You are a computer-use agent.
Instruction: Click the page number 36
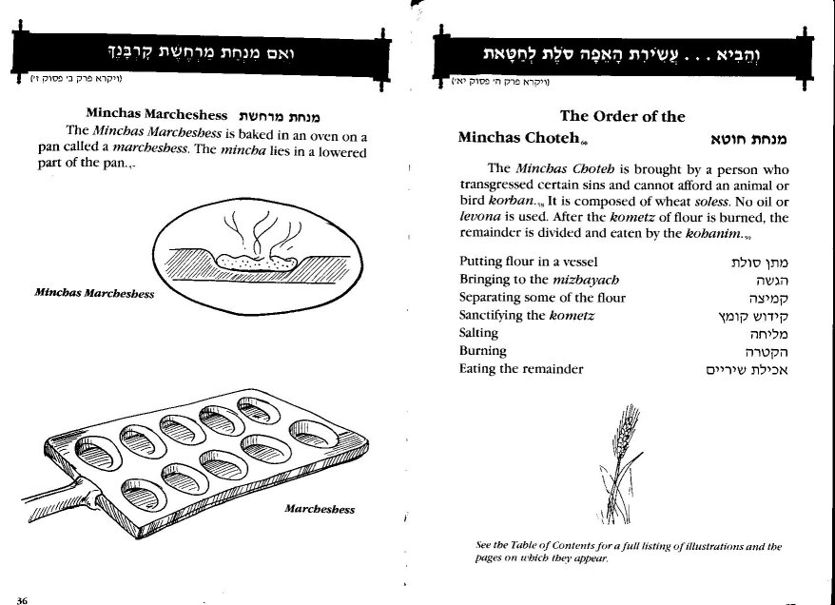coord(22,598)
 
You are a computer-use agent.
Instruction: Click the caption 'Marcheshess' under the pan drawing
coord(320,509)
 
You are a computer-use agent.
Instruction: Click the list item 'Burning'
coord(484,350)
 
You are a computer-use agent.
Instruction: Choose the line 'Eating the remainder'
coord(520,368)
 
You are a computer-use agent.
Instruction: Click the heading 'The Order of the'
coord(622,116)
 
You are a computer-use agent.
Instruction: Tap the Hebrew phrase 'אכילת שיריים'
coord(748,368)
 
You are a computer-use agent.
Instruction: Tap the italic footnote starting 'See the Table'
coord(628,552)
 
